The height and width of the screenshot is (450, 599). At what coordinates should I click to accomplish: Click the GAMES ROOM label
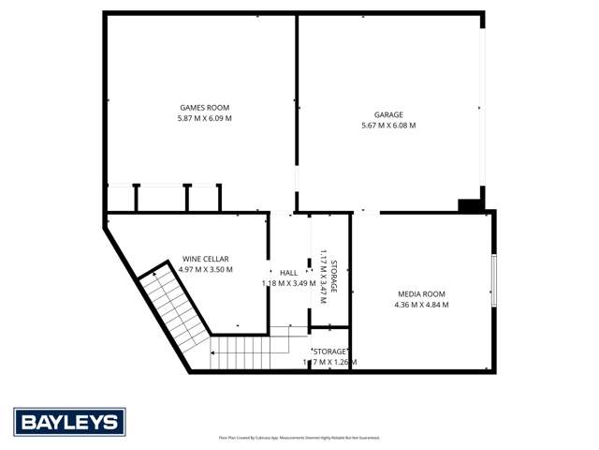point(204,108)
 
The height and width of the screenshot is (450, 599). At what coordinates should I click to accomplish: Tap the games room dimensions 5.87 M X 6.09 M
point(204,119)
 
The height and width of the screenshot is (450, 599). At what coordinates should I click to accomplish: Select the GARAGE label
point(388,113)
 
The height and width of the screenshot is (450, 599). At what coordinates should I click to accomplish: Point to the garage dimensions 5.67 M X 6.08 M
point(388,125)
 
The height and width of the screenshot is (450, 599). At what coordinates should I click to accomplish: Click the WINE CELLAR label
point(205,259)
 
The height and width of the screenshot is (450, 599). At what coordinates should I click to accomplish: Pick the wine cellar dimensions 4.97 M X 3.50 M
point(205,270)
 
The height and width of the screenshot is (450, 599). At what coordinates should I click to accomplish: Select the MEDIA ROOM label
point(419,294)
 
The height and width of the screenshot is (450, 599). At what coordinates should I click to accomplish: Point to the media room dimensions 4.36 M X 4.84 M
point(419,306)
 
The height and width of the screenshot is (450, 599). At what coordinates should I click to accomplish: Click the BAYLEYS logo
point(69,422)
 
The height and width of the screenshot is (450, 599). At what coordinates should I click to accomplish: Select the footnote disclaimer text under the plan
point(299,437)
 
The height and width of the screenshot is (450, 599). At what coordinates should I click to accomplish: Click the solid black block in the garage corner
point(469,205)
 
